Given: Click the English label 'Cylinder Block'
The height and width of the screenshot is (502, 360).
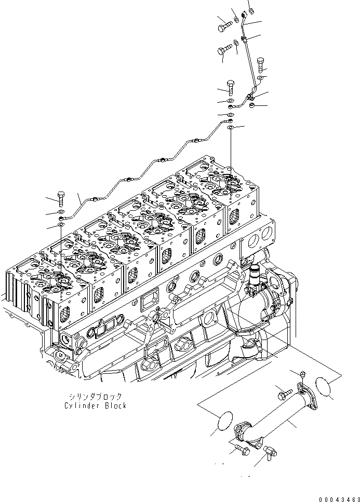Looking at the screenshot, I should [x=96, y=405].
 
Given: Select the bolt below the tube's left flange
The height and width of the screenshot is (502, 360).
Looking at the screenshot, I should [x=239, y=450].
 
